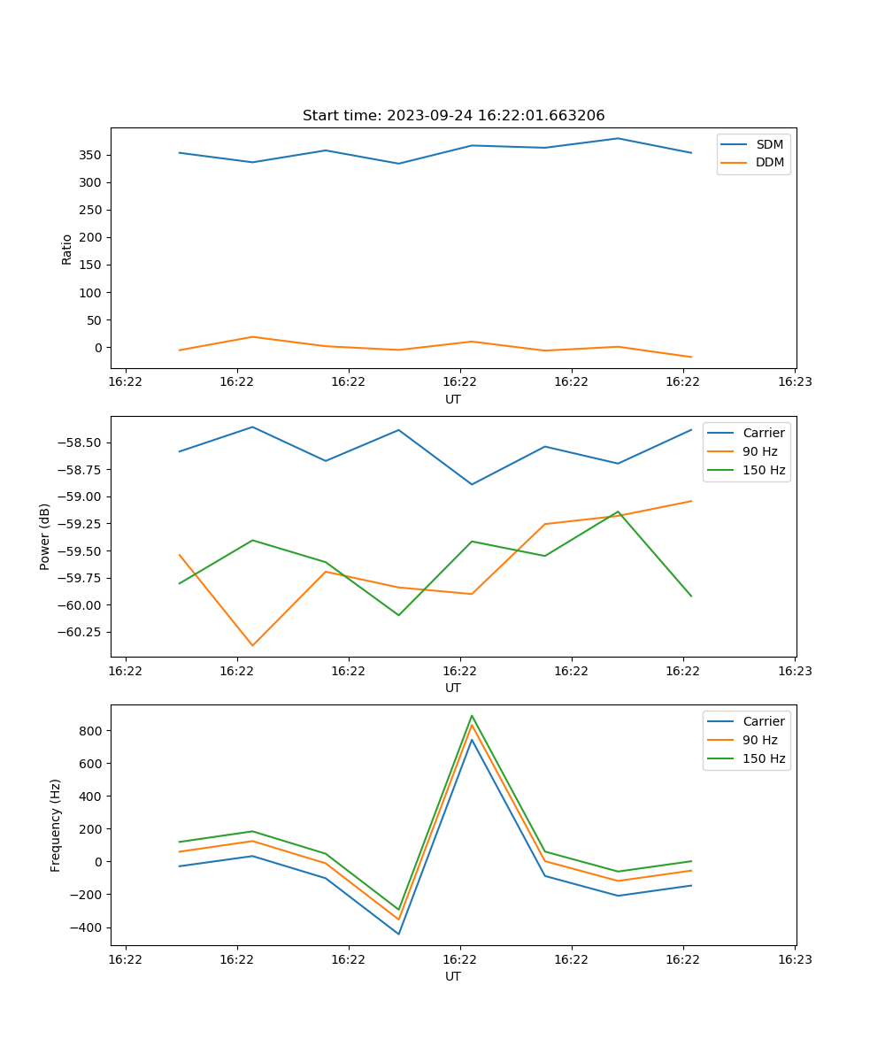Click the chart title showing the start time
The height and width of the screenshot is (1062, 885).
point(453,116)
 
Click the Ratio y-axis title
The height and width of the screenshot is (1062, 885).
point(67,250)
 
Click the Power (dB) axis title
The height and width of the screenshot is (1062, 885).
point(45,536)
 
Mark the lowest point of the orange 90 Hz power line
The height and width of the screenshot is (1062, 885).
point(252,645)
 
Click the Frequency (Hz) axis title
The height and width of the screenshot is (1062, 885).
point(56,825)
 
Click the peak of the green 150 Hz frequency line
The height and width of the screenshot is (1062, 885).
point(472,716)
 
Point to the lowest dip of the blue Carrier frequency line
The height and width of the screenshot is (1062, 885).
point(398,934)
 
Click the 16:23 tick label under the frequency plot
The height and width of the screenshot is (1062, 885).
point(795,959)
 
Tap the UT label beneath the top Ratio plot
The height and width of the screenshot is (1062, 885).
point(453,399)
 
